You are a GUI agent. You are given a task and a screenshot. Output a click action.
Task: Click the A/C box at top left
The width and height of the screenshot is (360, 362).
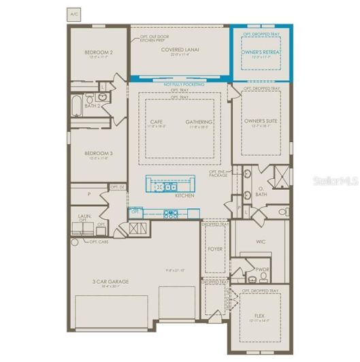tap(73, 13)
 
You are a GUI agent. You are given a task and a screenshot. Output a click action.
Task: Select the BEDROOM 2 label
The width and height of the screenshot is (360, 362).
tap(99, 52)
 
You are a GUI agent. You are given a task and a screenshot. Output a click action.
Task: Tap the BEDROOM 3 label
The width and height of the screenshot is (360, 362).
tap(99, 153)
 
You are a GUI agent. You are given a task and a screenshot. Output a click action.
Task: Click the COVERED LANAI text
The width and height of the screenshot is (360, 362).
tap(180, 50)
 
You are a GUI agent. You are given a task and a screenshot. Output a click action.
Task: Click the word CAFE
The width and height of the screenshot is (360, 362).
tap(155, 122)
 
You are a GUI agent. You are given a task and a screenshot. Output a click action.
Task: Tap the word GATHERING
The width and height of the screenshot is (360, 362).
tap(199, 122)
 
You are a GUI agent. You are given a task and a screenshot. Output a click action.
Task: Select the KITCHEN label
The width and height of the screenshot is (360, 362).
tap(184, 196)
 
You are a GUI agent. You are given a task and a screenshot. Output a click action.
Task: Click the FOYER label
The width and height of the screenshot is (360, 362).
tap(215, 249)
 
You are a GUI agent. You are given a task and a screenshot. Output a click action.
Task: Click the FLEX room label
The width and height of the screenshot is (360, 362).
tap(259, 315)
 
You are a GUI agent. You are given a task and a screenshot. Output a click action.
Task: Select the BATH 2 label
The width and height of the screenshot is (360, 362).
tap(93, 105)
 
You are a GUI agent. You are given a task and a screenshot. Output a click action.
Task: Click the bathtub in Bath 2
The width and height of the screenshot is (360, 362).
tap(76, 107)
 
